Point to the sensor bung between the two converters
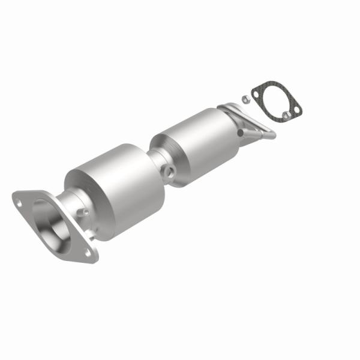pos(172,173)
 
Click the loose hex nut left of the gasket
pos(245,98)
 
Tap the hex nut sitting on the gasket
pos(286,112)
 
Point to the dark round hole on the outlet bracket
pos(241,133)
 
